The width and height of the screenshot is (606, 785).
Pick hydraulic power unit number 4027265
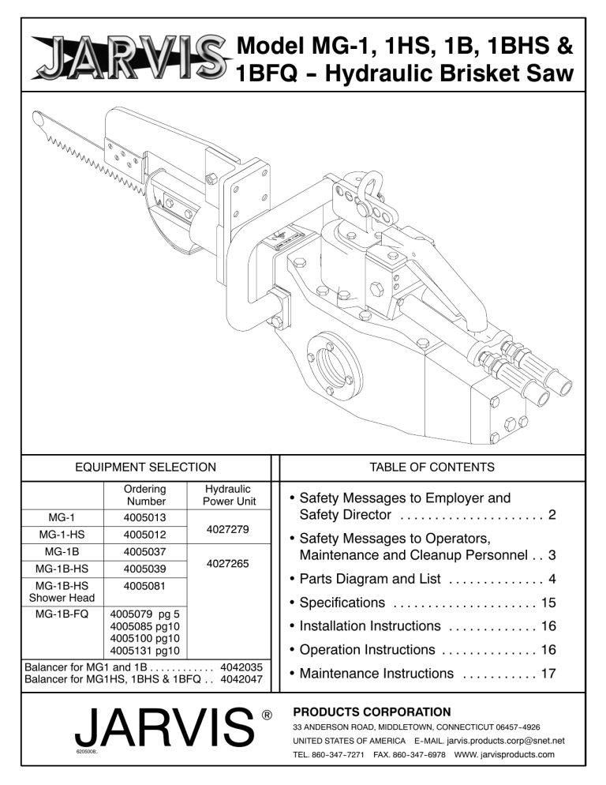pos(226,564)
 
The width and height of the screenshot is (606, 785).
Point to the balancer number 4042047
pos(243,678)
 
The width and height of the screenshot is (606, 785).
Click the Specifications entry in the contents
pos(339,603)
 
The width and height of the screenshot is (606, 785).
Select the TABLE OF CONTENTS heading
pos(432,467)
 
